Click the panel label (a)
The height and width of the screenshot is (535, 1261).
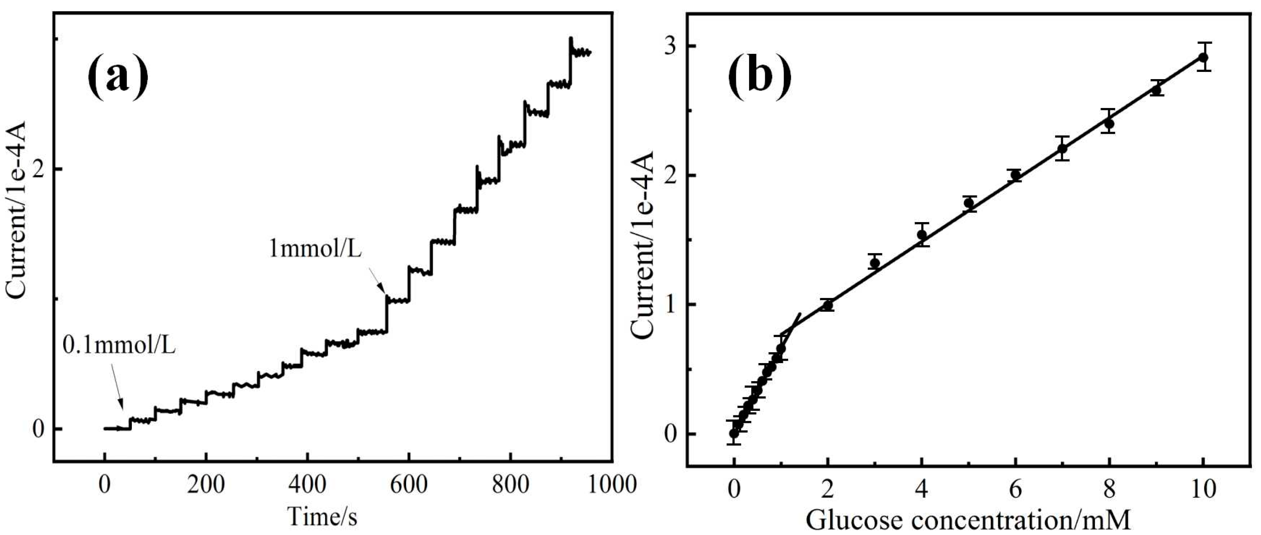click(x=117, y=77)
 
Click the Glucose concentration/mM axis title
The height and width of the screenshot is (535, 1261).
click(x=968, y=519)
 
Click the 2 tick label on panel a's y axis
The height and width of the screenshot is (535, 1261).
click(x=39, y=169)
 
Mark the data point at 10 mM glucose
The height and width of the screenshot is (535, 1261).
click(x=1203, y=71)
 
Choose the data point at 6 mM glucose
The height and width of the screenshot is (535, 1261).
click(x=1016, y=175)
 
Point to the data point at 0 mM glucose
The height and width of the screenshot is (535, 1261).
click(x=734, y=433)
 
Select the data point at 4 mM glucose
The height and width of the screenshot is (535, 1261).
click(x=922, y=235)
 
